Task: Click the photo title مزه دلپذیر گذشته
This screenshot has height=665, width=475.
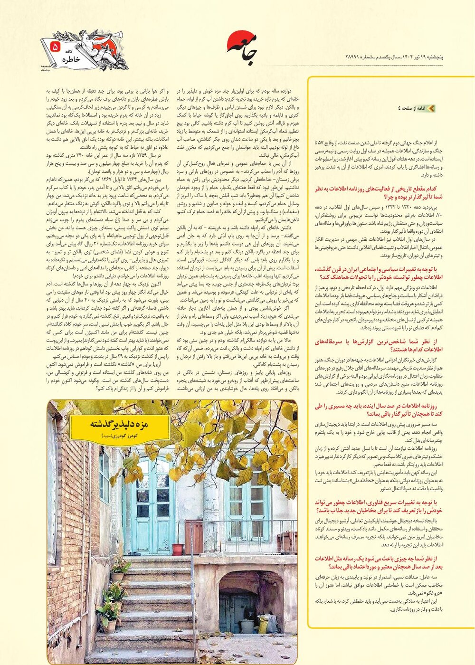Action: [x=119, y=425]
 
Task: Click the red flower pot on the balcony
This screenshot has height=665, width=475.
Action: [x=178, y=549]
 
